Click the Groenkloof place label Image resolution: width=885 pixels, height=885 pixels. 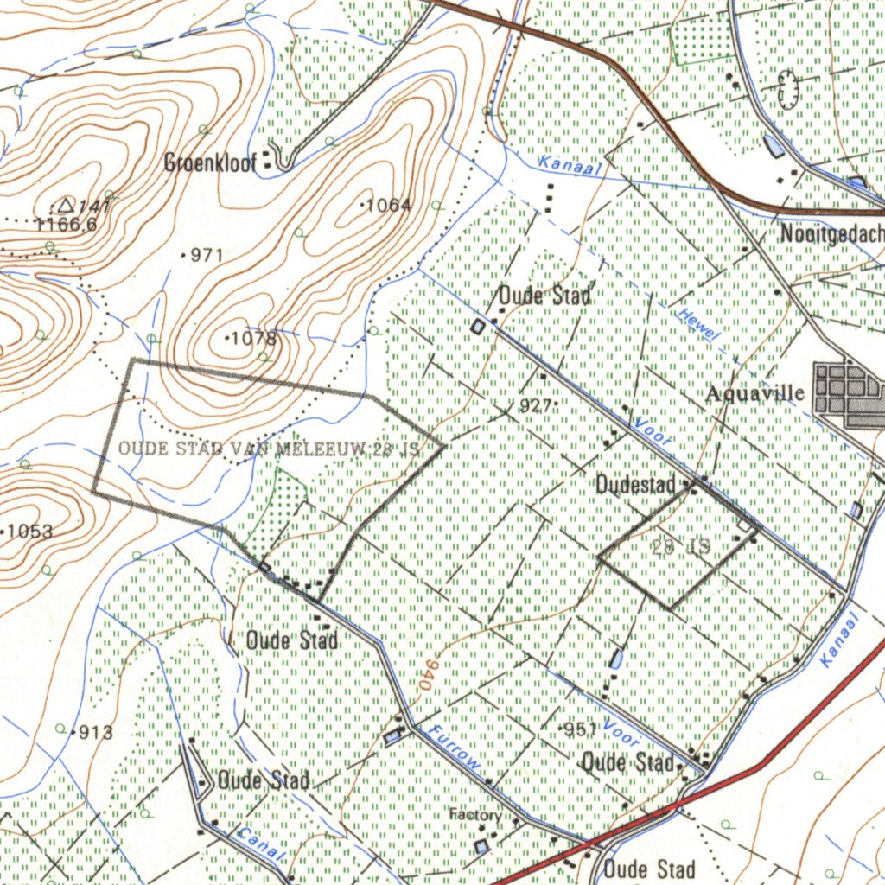(x=210, y=163)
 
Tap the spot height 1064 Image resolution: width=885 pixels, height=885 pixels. (x=386, y=206)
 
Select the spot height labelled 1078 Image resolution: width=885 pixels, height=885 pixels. (x=252, y=338)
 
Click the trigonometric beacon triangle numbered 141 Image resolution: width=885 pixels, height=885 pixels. (x=65, y=206)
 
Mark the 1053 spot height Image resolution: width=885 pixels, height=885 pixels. (x=29, y=532)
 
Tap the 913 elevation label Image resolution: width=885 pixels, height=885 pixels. (x=95, y=733)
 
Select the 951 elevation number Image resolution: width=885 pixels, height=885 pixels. (x=581, y=729)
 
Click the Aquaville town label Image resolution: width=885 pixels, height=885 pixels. (x=754, y=394)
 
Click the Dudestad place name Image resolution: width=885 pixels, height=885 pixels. (x=635, y=486)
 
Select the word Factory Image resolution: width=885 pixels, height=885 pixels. (x=474, y=815)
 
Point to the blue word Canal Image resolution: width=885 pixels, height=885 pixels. (x=259, y=843)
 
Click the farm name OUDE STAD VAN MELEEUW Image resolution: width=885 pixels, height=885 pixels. (x=268, y=449)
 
